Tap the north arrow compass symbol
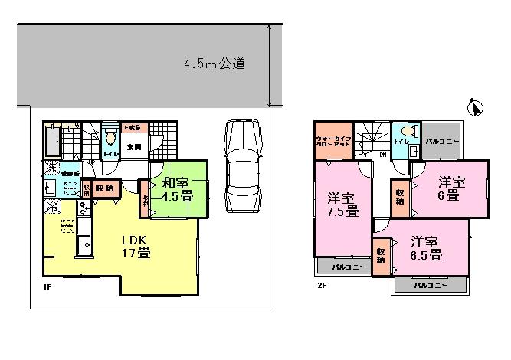coord(476,110)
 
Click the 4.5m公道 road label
coord(214,64)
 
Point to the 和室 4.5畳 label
coord(177,188)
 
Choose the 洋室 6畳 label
coord(450,188)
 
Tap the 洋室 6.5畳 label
coord(424,247)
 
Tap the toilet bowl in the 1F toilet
coord(110,138)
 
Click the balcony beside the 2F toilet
coord(444,141)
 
